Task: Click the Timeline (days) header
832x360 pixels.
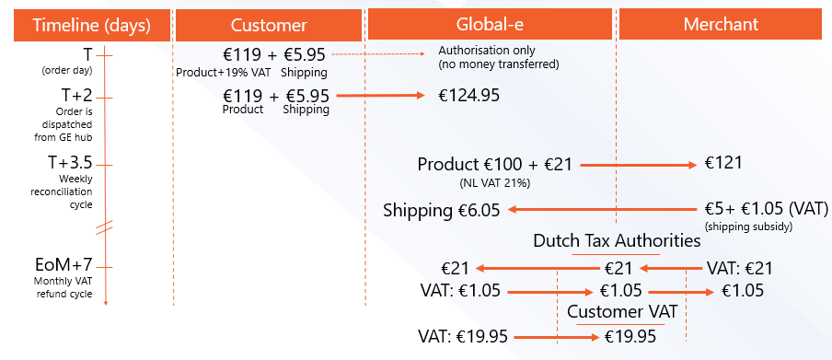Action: tap(92, 25)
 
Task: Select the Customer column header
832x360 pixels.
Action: tap(269, 25)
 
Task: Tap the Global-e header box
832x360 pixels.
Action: tap(490, 25)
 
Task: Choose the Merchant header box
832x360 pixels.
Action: tap(721, 25)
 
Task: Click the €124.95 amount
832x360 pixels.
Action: tap(468, 96)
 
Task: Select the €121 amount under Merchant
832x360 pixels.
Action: tap(723, 163)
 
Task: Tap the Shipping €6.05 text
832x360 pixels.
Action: tap(442, 211)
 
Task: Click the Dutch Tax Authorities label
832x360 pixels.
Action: tap(617, 241)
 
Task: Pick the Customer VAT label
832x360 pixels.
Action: tap(622, 312)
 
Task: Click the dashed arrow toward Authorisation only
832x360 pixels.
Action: tap(377, 53)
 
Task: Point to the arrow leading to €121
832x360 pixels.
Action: tap(639, 165)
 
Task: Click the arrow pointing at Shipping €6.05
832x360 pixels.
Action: tap(602, 210)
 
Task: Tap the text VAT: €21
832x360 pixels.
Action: tap(740, 268)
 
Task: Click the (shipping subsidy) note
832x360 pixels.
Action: tap(748, 226)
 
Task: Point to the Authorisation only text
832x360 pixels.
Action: tap(487, 51)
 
